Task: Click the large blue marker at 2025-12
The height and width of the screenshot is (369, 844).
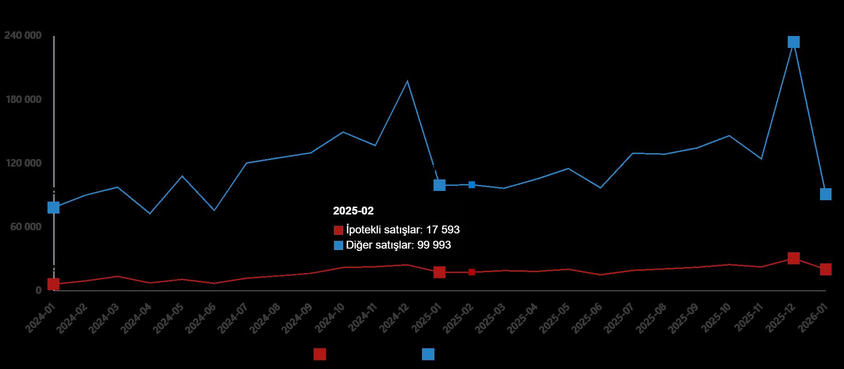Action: click(793, 42)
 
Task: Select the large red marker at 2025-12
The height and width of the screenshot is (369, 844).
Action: click(793, 258)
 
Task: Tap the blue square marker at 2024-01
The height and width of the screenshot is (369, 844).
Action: click(53, 208)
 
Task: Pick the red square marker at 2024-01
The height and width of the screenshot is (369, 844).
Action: click(53, 284)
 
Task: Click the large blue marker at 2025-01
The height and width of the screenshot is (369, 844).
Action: click(440, 185)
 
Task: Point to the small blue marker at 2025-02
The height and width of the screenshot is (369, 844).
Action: click(472, 184)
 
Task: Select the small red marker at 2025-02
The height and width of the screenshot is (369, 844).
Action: click(472, 272)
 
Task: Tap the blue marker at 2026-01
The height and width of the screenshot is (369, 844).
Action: click(826, 194)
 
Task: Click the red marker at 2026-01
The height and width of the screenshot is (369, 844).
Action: click(826, 269)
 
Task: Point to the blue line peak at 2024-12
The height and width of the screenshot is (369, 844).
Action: click(407, 81)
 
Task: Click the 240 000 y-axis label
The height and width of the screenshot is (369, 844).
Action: click(23, 36)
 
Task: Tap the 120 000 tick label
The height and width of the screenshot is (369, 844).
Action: click(23, 163)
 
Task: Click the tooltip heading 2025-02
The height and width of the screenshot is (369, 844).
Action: click(353, 211)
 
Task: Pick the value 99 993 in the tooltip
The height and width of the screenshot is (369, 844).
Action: click(434, 245)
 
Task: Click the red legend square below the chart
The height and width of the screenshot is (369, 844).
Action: click(320, 354)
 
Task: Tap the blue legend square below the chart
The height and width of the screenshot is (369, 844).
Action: click(428, 354)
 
